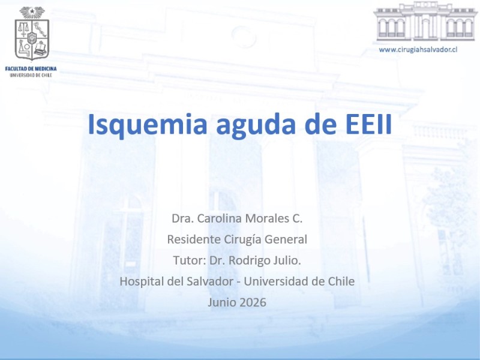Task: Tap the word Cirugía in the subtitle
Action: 243,239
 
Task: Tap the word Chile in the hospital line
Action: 341,281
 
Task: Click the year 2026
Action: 253,302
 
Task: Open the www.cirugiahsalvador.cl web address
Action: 418,50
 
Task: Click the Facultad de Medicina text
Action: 31,68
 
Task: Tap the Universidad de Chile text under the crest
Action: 31,75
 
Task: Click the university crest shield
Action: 32,39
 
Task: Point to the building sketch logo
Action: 425,22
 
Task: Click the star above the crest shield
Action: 32,11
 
